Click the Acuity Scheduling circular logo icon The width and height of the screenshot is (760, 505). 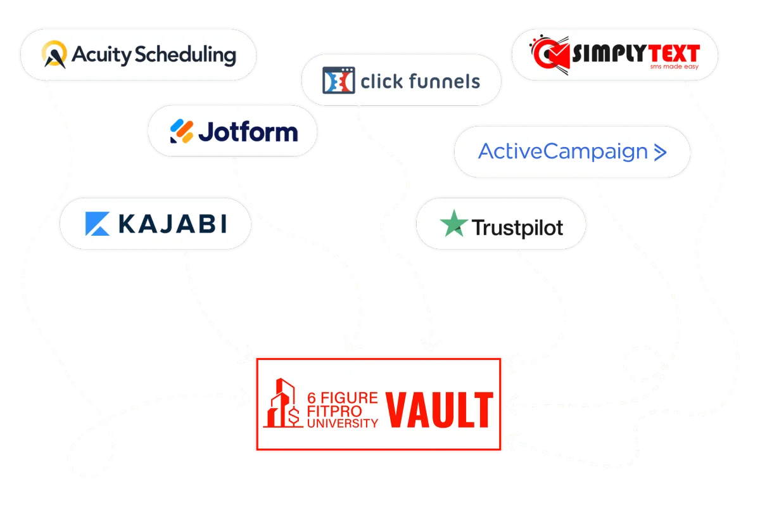click(54, 54)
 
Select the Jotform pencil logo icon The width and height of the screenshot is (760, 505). click(180, 131)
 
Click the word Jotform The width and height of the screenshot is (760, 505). click(248, 132)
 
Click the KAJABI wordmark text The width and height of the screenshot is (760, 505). click(172, 223)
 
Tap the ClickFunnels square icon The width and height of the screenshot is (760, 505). click(338, 80)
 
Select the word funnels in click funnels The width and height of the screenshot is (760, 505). click(447, 81)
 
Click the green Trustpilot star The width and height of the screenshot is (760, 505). click(453, 225)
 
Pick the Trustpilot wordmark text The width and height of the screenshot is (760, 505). click(517, 227)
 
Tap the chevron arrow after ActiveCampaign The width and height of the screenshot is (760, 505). click(659, 152)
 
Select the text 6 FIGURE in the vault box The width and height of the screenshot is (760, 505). click(342, 398)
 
